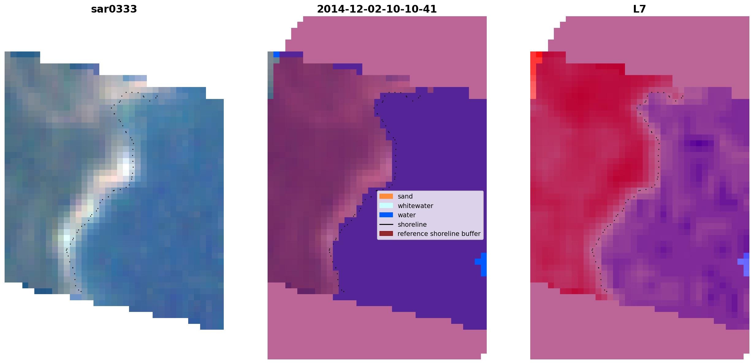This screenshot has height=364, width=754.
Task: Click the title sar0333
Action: pos(114,9)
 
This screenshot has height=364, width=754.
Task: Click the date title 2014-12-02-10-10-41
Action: pos(377,9)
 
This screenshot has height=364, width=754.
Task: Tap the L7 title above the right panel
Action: pos(639,9)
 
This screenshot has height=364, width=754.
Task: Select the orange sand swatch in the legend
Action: pos(386,196)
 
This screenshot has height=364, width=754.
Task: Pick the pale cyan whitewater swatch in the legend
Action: pos(386,206)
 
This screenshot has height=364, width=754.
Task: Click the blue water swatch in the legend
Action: pos(386,215)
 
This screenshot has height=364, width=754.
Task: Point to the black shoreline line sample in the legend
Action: pos(386,225)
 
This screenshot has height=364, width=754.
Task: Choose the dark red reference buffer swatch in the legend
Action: pos(386,234)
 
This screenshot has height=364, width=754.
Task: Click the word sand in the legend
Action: pos(405,196)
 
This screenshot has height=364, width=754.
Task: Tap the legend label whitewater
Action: pos(415,206)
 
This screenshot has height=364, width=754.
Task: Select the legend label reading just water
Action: pos(407,215)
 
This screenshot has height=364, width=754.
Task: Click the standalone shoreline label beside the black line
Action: pos(412,225)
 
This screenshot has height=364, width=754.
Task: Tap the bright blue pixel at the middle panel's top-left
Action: pos(276,55)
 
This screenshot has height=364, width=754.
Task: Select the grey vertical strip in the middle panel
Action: pos(270,75)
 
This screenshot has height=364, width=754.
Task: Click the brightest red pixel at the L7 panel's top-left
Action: pos(539,55)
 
